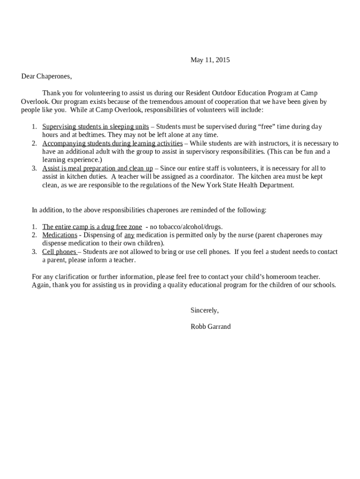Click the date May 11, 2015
210,60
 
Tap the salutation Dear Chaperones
46,76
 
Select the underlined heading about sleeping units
95,127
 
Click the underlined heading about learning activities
112,144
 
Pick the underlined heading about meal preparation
97,168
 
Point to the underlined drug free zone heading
92,227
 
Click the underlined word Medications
60,235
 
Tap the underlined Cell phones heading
59,252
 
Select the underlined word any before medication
129,235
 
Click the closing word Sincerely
204,310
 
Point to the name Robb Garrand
210,327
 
